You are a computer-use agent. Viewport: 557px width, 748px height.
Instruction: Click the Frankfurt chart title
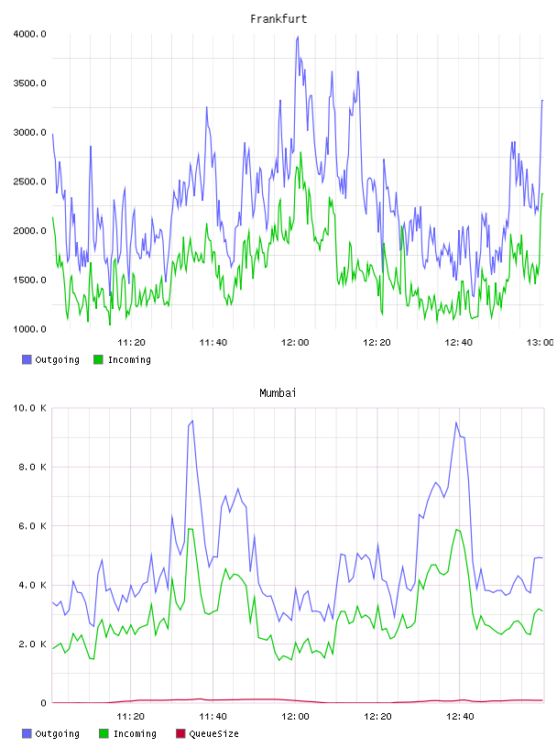click(278, 19)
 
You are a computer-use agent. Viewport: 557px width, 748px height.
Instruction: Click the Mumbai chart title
click(278, 393)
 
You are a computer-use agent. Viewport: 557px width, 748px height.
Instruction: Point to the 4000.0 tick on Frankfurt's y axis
click(29, 34)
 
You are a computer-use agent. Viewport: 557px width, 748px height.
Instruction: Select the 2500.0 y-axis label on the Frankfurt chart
click(29, 181)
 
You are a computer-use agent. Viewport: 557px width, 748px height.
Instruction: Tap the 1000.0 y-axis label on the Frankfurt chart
click(29, 329)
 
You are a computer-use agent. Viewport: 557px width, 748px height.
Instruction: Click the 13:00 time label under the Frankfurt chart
click(540, 342)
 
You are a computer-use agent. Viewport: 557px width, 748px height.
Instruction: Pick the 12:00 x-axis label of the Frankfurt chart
click(295, 342)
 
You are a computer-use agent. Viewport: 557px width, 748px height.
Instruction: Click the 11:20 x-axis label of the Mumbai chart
click(131, 716)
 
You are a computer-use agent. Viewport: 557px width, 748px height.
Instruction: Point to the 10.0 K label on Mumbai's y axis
click(29, 408)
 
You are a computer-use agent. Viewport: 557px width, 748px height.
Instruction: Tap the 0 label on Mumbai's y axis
click(43, 703)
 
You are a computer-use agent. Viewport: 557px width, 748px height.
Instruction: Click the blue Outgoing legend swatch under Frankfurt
click(27, 359)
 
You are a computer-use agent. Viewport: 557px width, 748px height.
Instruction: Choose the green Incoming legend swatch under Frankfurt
click(98, 359)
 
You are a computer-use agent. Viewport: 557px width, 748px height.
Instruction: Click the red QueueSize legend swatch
click(180, 733)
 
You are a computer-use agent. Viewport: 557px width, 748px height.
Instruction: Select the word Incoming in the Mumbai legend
click(135, 733)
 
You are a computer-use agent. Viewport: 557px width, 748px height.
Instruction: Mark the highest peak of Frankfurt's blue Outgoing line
click(298, 37)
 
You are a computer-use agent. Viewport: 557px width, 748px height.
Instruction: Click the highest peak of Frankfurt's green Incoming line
click(300, 152)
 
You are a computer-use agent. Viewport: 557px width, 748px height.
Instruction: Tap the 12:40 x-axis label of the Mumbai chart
click(460, 716)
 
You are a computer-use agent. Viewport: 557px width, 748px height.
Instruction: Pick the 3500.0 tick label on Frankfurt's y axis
click(29, 83)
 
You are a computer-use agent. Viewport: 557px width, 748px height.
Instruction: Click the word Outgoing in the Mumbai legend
click(57, 733)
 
